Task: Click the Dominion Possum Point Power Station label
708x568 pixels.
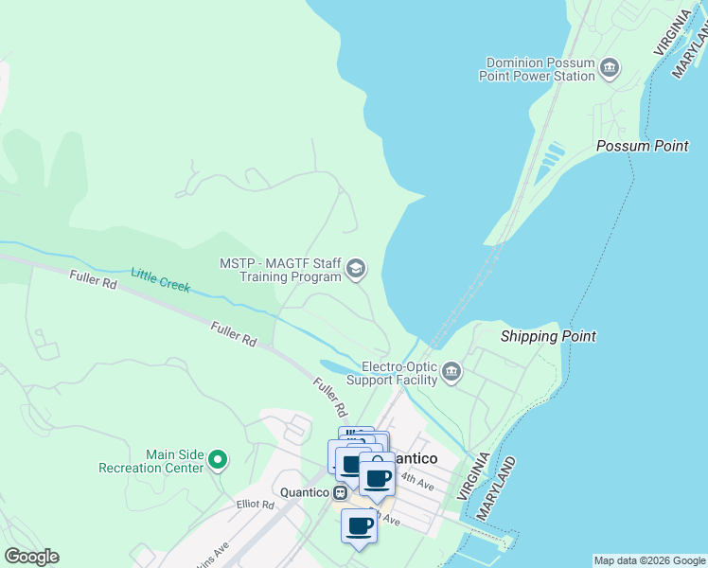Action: tap(540, 70)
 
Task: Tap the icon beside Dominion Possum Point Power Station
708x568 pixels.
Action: tap(611, 66)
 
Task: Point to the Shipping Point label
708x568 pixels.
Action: tap(548, 336)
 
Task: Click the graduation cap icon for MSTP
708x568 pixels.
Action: tap(356, 269)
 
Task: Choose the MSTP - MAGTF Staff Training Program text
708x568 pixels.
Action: tap(280, 270)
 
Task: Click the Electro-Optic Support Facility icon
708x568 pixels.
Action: tap(451, 372)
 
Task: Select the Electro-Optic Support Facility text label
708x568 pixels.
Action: tap(392, 373)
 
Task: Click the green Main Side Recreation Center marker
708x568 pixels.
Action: tap(218, 460)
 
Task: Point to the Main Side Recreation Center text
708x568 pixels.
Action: tap(150, 461)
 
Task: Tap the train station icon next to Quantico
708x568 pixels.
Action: tap(338, 492)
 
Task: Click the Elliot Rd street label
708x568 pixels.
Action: tap(255, 506)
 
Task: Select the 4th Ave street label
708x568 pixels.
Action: tap(416, 482)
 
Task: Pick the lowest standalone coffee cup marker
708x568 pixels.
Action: tap(360, 526)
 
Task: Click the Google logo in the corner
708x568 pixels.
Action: tap(31, 557)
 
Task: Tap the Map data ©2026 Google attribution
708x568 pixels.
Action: tap(649, 560)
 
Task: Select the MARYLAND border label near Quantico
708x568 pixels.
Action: tap(498, 489)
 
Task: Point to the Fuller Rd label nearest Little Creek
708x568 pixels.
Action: tap(92, 279)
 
